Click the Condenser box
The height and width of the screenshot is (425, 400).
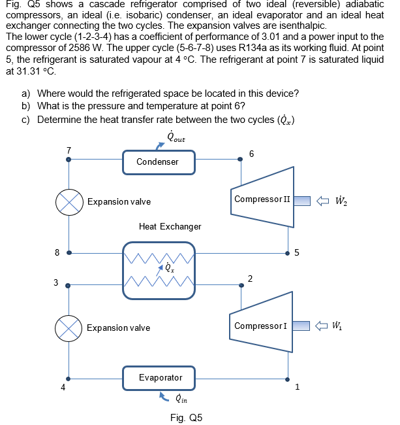(157, 161)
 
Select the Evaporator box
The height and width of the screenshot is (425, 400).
(161, 377)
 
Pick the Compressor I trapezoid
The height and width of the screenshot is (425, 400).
(261, 326)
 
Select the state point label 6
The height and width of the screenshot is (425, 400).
(251, 154)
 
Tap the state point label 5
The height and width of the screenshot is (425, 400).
(297, 254)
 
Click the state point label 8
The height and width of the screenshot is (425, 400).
(57, 252)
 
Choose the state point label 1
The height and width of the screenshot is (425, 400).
(297, 386)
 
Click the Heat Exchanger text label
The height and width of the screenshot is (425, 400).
(170, 226)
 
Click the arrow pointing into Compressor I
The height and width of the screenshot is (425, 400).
(322, 326)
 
